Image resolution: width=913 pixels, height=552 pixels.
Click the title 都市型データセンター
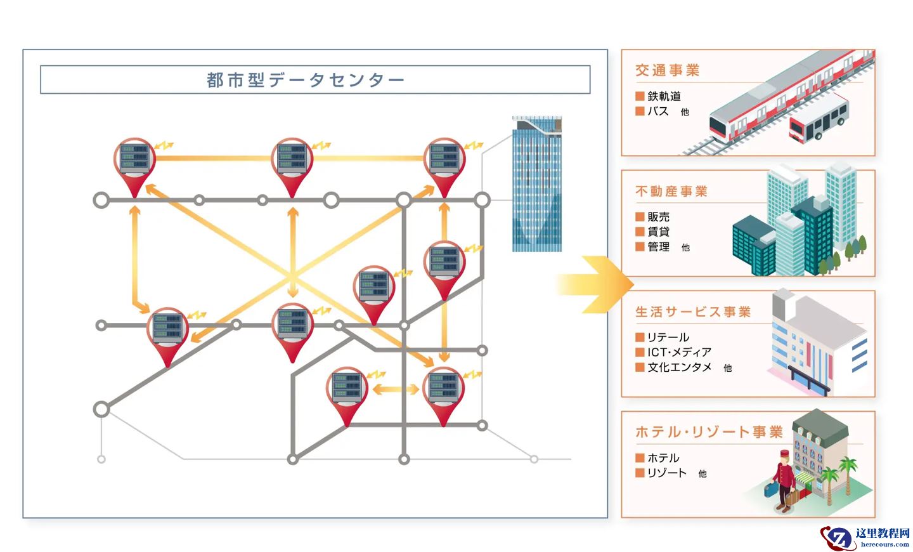tap(305, 80)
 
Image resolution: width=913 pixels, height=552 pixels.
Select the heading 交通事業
tap(667, 70)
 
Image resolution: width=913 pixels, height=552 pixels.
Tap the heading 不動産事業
tap(671, 191)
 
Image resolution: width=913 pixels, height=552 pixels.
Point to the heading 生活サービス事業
tap(693, 312)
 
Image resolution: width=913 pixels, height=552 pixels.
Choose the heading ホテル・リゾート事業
tap(709, 432)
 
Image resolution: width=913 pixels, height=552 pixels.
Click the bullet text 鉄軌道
tap(664, 96)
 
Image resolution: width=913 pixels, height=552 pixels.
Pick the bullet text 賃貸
tap(658, 232)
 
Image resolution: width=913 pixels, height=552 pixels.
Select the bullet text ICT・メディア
tap(679, 352)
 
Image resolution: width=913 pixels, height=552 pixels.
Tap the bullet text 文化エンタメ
tap(679, 367)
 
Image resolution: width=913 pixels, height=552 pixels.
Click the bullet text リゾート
tap(666, 473)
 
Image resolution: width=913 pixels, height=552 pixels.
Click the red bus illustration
tap(818, 119)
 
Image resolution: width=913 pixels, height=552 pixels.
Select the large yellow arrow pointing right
tap(596, 284)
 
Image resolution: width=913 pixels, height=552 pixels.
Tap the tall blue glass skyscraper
tap(536, 184)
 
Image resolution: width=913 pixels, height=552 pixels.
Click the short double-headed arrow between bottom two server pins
tap(395, 389)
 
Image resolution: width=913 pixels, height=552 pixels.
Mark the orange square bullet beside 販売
tap(640, 217)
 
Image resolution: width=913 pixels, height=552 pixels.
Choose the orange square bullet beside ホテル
tap(640, 458)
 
